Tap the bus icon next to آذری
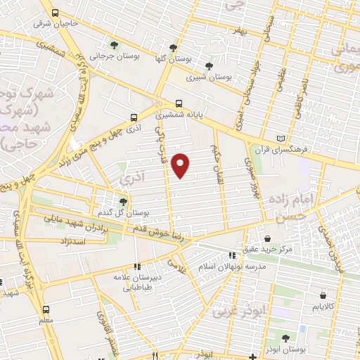point(134,118)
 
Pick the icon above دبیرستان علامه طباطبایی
point(137,266)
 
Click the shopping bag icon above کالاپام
point(323,296)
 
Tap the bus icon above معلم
point(46,309)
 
